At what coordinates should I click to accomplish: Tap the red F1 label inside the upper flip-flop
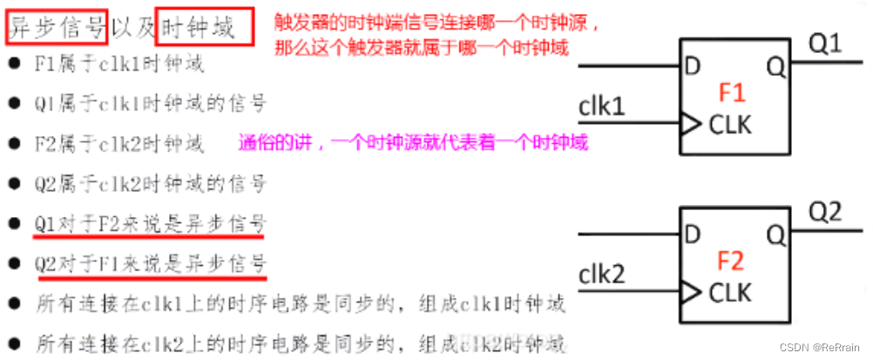(x=733, y=92)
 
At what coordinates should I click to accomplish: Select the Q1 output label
(x=825, y=42)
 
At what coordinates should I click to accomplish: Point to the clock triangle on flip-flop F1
(x=690, y=125)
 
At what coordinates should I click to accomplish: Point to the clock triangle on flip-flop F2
(x=690, y=293)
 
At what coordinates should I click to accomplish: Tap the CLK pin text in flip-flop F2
(x=731, y=292)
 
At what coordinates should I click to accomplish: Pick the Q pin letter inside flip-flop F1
(x=775, y=65)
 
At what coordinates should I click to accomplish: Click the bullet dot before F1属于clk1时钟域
(x=14, y=63)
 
